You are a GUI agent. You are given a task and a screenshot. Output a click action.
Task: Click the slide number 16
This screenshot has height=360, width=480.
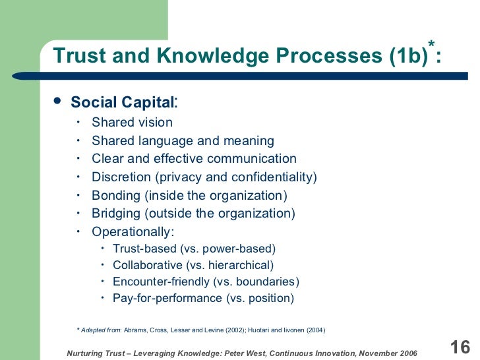pyautogui.click(x=459, y=347)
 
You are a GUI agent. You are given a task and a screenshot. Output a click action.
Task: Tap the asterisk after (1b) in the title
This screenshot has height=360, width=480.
pyautogui.click(x=432, y=45)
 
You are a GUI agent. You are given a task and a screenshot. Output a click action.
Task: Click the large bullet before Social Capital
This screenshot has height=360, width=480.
pyautogui.click(x=57, y=101)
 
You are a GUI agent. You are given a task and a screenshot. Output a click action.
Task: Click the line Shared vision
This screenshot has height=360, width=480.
pyautogui.click(x=132, y=122)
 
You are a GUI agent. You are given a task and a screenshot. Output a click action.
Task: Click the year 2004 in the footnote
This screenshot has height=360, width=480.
pyautogui.click(x=314, y=330)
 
